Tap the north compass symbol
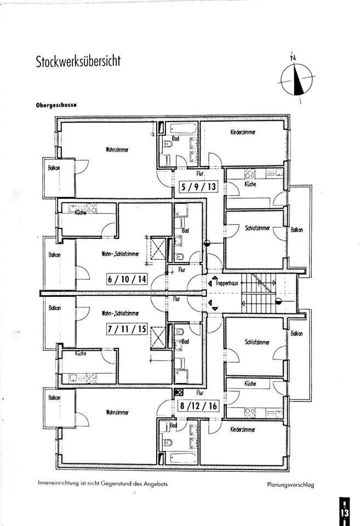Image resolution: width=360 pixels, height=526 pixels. point(296,78)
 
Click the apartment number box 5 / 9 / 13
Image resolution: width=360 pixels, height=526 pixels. point(199,187)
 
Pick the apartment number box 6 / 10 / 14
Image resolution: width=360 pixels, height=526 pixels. point(127,278)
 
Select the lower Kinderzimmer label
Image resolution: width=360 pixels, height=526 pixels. point(243,430)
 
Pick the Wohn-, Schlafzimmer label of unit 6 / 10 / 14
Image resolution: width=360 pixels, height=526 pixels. point(120,254)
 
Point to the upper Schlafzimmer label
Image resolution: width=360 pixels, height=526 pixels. point(258,228)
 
